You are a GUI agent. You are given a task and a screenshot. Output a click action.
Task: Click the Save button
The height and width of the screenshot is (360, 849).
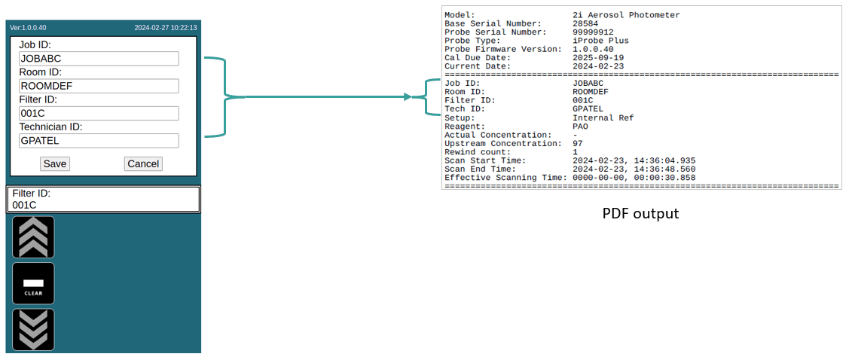[55, 163]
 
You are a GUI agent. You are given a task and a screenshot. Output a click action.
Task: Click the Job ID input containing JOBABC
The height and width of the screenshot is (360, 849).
[99, 59]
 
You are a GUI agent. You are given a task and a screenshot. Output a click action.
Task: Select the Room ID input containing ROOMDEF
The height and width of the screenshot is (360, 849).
[99, 86]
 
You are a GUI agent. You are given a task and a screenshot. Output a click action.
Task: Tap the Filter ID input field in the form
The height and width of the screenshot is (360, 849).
[99, 113]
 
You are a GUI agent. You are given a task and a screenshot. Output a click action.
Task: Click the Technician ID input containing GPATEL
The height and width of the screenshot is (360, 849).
[99, 140]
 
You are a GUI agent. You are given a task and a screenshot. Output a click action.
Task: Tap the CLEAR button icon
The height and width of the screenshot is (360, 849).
[33, 284]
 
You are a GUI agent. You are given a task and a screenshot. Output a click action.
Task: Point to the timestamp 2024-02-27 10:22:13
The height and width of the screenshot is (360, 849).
[166, 28]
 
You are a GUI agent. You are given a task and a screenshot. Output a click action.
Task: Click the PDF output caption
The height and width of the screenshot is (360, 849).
[640, 214]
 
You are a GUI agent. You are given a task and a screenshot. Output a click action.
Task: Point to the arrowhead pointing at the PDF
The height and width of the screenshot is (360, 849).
[408, 96]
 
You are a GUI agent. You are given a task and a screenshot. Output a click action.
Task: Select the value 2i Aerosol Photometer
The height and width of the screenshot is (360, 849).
[626, 15]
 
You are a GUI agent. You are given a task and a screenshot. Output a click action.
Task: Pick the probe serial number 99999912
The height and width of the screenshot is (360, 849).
[593, 32]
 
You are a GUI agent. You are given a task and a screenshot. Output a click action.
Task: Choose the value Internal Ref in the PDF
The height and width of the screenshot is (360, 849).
[603, 117]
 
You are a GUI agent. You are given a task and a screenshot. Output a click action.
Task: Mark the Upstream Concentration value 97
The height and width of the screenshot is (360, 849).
[578, 143]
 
